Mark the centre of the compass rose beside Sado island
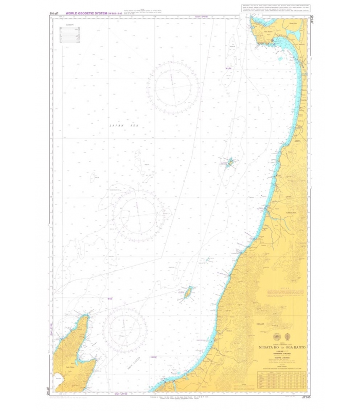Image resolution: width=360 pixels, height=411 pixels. (125, 327)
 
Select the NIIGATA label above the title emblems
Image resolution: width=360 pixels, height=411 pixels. (260, 324)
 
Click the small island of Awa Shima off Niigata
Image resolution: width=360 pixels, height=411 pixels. (188, 292)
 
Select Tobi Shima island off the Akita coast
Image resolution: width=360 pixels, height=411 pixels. (229, 163)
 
